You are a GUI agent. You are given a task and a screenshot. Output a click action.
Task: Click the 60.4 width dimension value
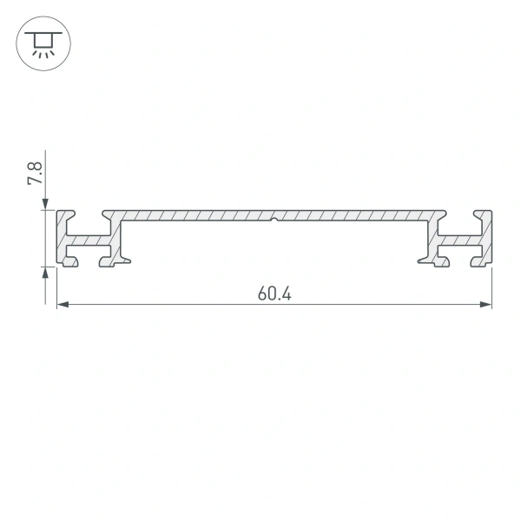click(x=274, y=293)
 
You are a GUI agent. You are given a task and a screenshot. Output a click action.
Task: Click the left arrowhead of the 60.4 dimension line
click(x=63, y=305)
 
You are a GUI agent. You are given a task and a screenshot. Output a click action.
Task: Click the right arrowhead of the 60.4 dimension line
click(x=486, y=305)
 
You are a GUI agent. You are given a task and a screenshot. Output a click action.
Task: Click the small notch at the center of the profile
click(x=274, y=220)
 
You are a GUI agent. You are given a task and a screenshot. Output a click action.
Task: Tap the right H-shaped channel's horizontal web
click(x=459, y=237)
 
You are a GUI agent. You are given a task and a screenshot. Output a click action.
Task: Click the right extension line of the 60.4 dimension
click(x=492, y=287)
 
